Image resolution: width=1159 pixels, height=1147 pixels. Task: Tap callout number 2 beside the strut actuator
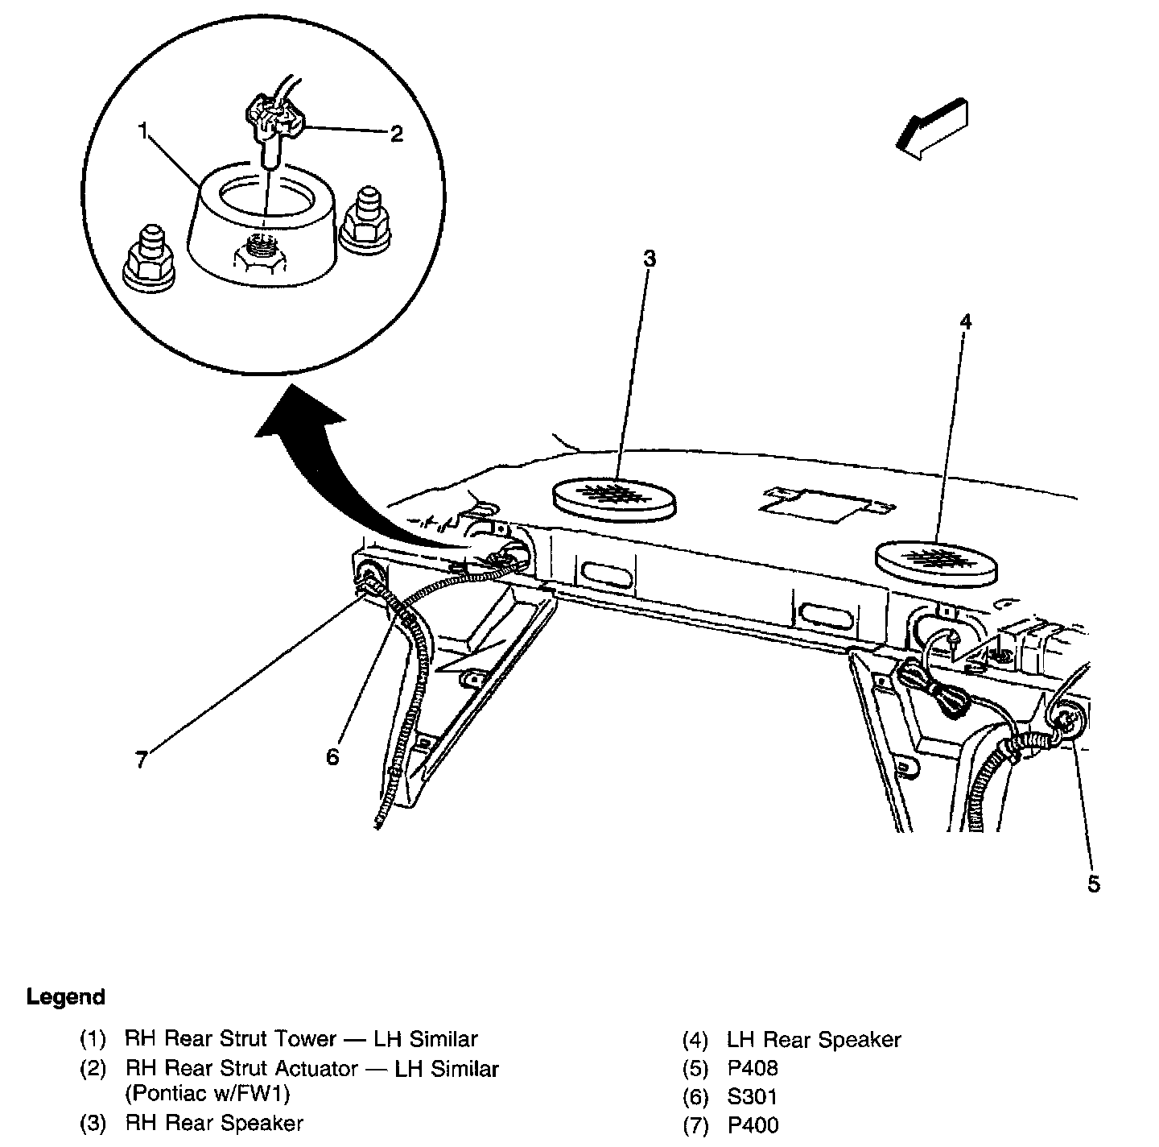(396, 134)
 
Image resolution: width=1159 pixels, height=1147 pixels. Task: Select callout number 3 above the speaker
(649, 259)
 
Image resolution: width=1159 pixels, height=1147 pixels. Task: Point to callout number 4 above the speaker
(966, 322)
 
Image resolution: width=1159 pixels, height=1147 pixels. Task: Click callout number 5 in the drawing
(1092, 884)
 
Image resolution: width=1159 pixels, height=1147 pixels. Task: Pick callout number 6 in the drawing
(332, 756)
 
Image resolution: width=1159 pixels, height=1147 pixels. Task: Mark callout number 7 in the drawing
(141, 760)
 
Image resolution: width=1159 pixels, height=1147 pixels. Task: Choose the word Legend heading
(66, 997)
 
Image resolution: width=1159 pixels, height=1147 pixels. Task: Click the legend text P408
(753, 1068)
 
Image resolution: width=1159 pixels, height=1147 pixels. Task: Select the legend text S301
(753, 1096)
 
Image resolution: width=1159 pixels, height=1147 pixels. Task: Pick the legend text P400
(753, 1124)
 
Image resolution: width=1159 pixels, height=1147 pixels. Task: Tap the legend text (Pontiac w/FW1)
(207, 1094)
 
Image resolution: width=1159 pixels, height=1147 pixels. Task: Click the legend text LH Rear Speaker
(813, 1040)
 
